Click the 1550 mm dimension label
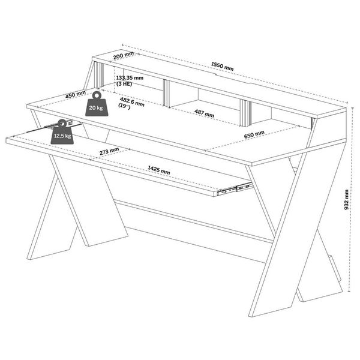222,67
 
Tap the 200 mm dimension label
124,55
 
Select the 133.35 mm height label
130,78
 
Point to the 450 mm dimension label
76,94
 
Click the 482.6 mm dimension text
132,102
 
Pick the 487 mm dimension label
204,113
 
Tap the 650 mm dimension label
254,134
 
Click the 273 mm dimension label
109,151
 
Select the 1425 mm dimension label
158,170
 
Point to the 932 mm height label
346,200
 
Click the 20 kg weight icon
96,104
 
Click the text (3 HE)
124,84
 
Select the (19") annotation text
124,106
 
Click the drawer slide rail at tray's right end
235,188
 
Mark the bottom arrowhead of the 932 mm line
349,290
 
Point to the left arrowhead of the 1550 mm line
123,45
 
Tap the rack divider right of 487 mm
246,113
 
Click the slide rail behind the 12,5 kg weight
54,127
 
